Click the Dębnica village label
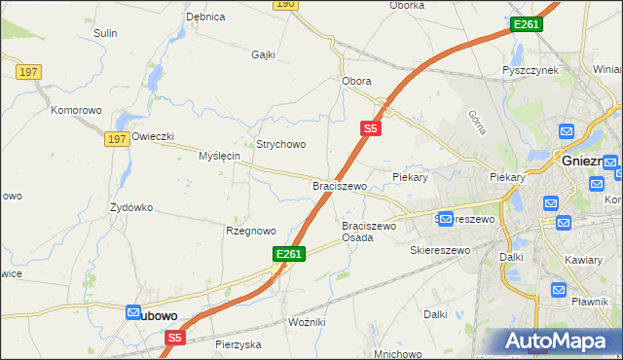(x=205, y=17)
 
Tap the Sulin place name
(x=105, y=33)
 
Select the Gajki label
(x=264, y=54)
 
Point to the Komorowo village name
(x=77, y=110)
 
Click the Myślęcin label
(x=219, y=156)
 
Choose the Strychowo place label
(x=281, y=144)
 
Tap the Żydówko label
(x=131, y=207)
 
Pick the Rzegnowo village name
(x=251, y=231)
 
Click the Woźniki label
(x=307, y=321)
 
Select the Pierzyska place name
(x=238, y=344)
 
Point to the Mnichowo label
(x=396, y=354)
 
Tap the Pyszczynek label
(x=529, y=71)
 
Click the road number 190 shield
(x=283, y=5)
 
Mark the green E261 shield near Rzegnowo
(x=289, y=254)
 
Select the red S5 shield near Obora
(x=370, y=126)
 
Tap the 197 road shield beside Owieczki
(x=117, y=140)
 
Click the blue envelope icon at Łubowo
(x=132, y=311)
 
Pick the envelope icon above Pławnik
(x=559, y=289)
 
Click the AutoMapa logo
(x=557, y=342)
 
